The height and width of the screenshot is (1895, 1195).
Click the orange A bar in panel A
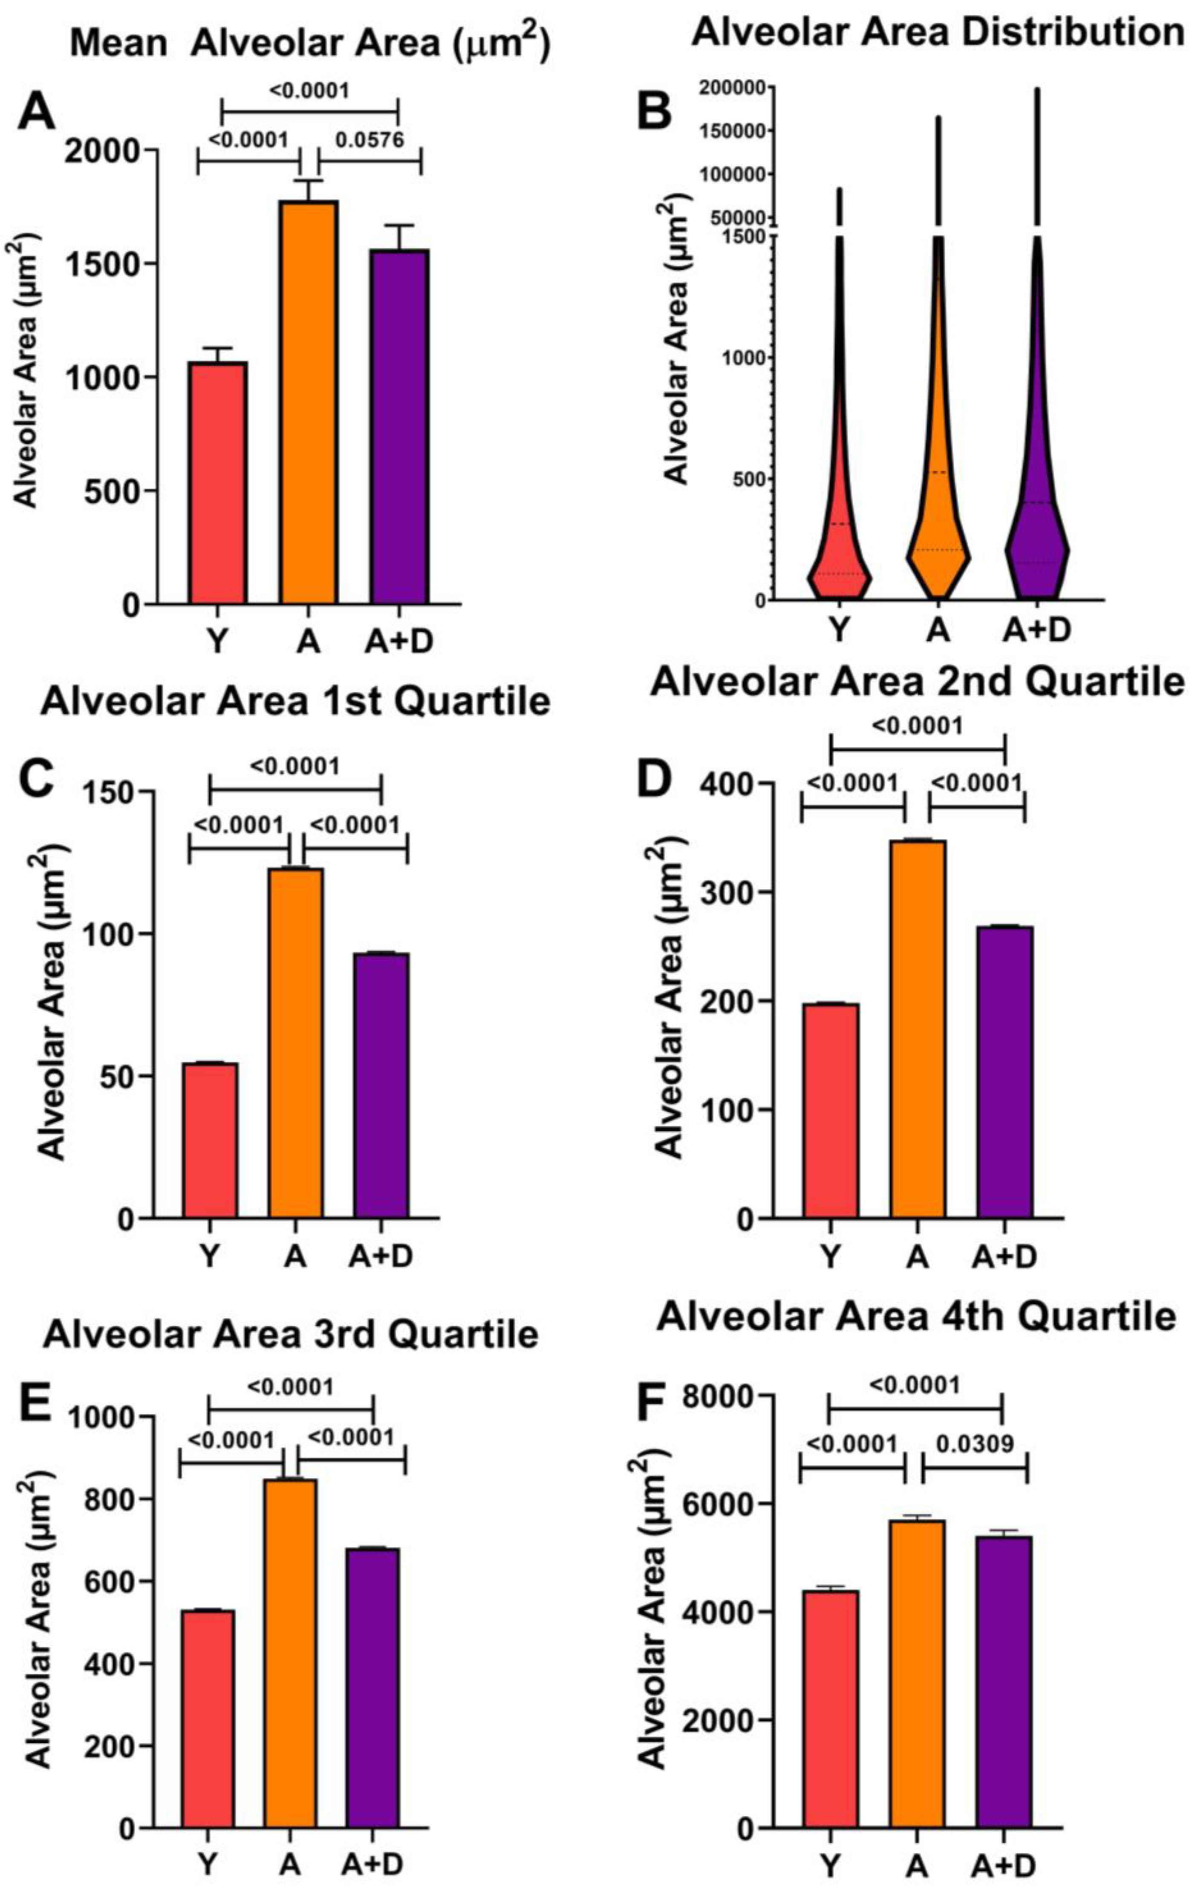(308, 402)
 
